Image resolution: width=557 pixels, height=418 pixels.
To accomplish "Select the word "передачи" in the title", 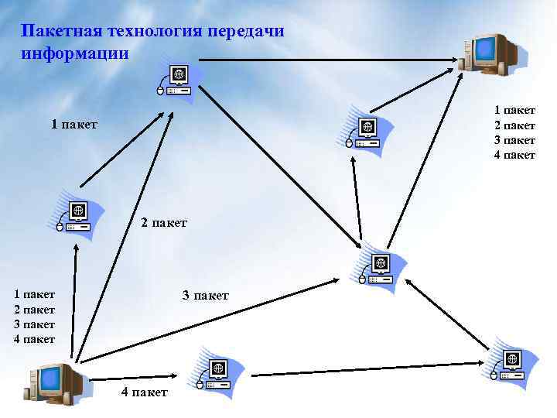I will (x=247, y=31).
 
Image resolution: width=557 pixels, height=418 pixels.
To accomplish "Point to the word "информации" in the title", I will (x=75, y=53).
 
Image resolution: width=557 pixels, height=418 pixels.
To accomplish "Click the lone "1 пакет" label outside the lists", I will (x=74, y=124).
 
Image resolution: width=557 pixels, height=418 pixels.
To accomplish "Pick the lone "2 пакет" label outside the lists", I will (x=164, y=223).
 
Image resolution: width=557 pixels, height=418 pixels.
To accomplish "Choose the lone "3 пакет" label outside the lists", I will (x=205, y=295).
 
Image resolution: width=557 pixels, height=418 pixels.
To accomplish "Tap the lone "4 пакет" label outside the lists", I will (x=144, y=392).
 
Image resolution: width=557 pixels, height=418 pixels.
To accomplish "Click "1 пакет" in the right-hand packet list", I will (x=514, y=111).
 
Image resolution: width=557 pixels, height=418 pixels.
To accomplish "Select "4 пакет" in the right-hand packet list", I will (x=514, y=155).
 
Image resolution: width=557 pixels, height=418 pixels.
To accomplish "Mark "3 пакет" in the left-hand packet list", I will (x=34, y=324).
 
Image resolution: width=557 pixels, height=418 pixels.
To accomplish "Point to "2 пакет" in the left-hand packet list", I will (x=34, y=309).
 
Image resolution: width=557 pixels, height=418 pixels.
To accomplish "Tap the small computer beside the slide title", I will (x=176, y=79).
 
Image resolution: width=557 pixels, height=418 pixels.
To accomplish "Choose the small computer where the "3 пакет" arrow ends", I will (x=378, y=268).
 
